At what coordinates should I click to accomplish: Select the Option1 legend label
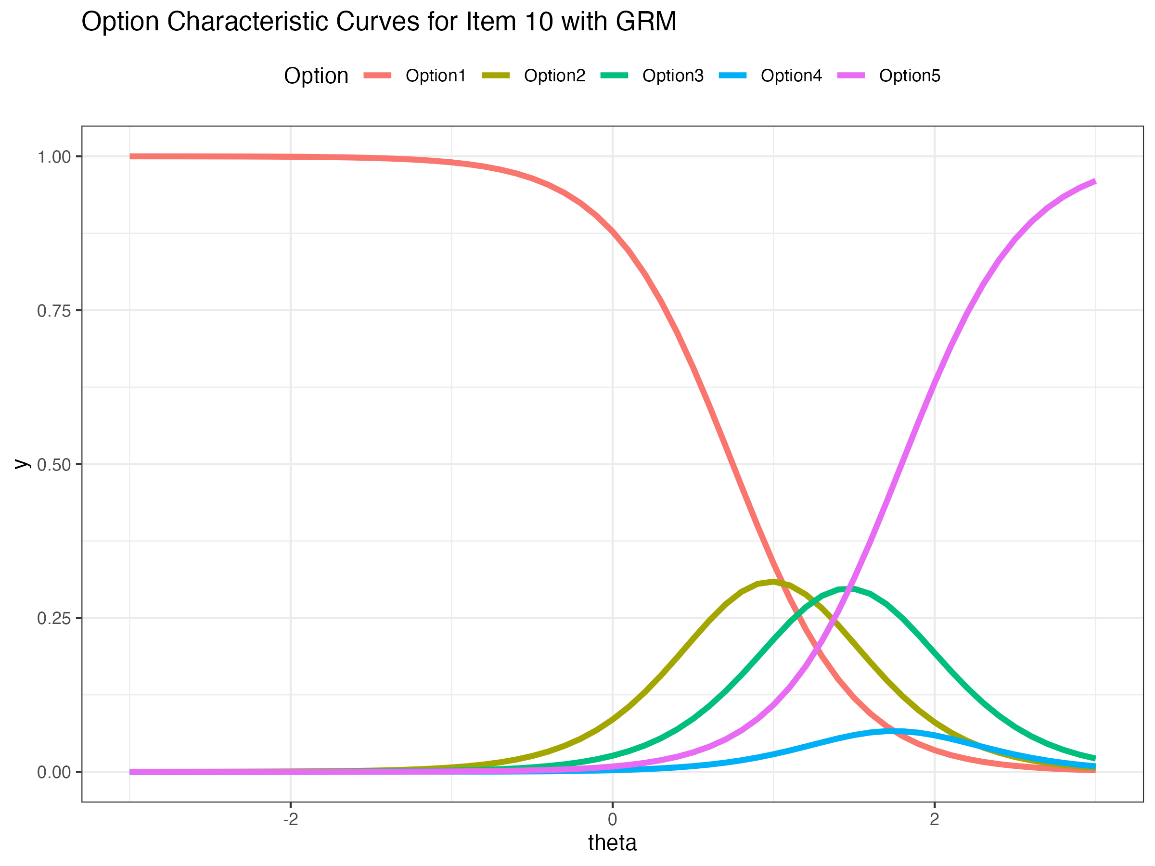436,76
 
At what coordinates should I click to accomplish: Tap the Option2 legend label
554,76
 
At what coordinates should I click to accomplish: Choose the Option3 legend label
673,76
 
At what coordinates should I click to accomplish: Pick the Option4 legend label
791,76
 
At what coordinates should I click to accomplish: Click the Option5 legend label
910,76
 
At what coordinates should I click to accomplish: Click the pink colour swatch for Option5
851,76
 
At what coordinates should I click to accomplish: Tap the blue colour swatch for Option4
732,76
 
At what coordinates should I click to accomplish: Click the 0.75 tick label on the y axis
54,311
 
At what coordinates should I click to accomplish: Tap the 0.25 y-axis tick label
54,619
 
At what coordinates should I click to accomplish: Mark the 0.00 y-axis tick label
54,773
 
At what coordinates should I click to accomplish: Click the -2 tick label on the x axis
290,819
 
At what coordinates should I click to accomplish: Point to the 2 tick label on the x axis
934,819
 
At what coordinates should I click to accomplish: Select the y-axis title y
21,464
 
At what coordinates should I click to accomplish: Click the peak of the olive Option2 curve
773,582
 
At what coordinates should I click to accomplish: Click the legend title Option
316,76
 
